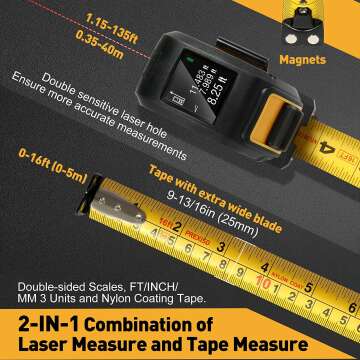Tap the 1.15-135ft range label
pos(44,19)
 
